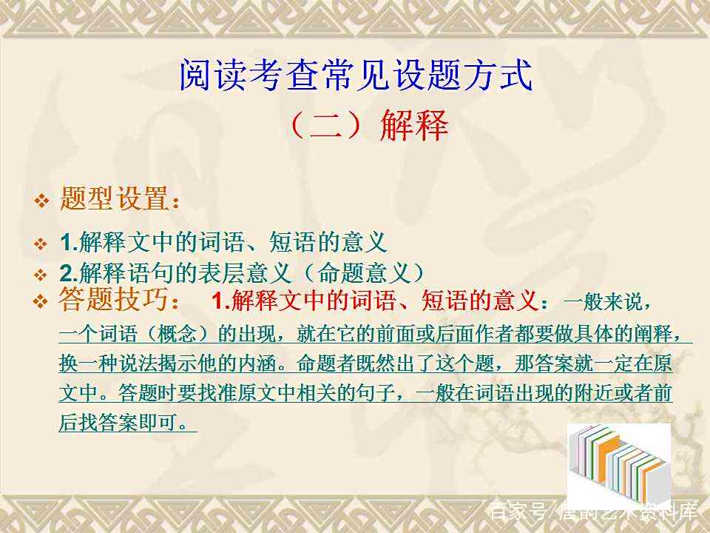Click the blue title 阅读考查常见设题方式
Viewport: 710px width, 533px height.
tap(356, 76)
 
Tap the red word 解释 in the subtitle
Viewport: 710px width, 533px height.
tap(414, 124)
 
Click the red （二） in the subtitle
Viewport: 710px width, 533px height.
tap(326, 124)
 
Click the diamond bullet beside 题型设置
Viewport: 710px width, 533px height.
tap(41, 200)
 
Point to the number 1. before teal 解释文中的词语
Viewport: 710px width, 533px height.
tap(70, 242)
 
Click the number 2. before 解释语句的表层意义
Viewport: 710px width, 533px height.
tap(70, 273)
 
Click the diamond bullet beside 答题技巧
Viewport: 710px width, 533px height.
tap(41, 301)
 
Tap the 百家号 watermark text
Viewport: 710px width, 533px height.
tap(518, 512)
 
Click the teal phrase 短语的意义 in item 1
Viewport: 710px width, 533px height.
tap(328, 242)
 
